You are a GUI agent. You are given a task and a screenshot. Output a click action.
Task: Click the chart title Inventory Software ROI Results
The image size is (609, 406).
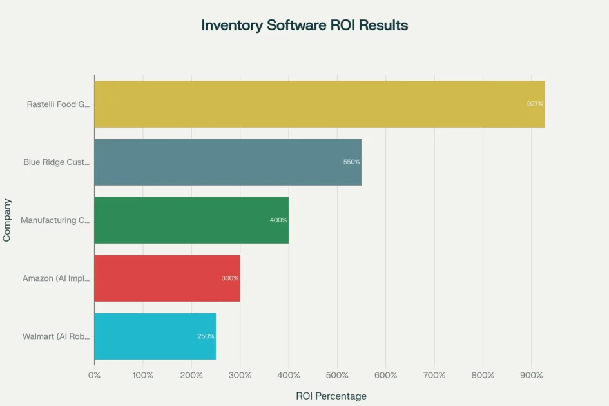point(304,26)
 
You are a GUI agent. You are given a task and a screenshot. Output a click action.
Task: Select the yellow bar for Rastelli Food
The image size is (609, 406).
point(319,104)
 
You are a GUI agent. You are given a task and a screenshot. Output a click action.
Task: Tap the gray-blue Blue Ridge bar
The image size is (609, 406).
point(227,162)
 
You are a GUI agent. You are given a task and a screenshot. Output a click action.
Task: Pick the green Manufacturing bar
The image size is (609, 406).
point(191,220)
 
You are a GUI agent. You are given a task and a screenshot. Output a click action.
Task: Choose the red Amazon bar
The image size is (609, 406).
point(167,278)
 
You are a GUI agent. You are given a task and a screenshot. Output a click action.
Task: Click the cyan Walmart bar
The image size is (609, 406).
point(155,336)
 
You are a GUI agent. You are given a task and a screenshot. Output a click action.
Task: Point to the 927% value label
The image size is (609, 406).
point(535,104)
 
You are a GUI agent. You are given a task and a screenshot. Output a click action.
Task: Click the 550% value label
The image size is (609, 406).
point(351,162)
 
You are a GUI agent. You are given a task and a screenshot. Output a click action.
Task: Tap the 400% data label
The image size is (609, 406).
point(278,220)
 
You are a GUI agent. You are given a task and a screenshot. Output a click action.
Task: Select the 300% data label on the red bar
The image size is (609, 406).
point(229,278)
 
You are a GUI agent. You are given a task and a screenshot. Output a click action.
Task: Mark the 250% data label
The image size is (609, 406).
point(206,336)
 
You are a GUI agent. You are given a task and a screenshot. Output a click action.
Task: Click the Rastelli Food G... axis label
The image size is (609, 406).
point(58,104)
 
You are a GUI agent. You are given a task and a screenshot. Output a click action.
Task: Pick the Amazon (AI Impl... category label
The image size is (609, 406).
point(56,278)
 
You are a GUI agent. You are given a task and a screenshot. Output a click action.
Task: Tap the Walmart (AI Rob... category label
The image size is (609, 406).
point(56,336)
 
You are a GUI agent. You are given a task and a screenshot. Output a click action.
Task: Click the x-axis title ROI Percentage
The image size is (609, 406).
point(331,396)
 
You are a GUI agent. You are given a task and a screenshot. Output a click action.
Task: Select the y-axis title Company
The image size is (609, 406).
point(7,220)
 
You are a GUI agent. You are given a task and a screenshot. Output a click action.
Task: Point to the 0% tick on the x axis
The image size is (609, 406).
point(94,375)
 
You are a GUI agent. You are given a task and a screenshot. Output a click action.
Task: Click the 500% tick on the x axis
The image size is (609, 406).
point(337,375)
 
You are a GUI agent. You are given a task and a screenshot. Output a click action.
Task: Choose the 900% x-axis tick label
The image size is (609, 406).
point(531,375)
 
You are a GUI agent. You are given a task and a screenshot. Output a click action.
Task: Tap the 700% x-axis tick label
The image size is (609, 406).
point(434,375)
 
